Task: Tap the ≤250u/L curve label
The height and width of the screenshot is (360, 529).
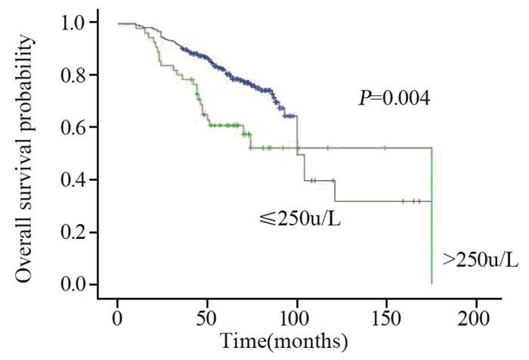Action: [x=300, y=220]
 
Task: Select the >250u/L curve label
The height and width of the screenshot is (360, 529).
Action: [x=481, y=259]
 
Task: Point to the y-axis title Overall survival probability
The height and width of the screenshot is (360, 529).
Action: [x=25, y=153]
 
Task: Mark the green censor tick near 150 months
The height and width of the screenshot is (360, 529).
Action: [x=384, y=147]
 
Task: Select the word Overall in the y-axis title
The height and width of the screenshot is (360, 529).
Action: [x=25, y=250]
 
